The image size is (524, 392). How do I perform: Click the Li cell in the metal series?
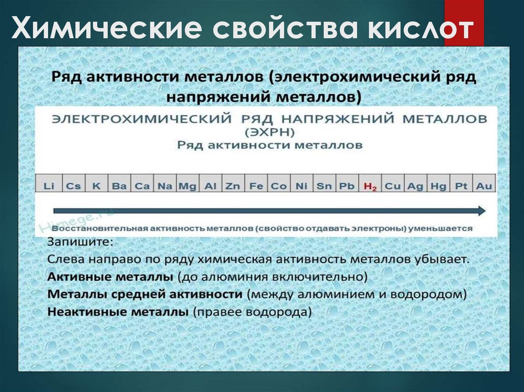tap(49, 186)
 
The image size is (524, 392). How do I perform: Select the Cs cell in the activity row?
tap(73, 186)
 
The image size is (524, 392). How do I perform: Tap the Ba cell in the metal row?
tap(119, 186)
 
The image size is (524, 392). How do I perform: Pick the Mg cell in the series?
tap(187, 186)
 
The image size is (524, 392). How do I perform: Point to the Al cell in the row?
tap(210, 186)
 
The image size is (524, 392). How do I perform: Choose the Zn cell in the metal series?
tap(233, 186)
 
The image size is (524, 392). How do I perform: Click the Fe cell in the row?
tap(256, 186)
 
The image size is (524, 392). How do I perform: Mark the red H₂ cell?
tap(370, 186)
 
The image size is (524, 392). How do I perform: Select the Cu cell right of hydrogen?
tap(392, 186)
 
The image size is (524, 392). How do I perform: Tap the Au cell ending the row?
tap(484, 186)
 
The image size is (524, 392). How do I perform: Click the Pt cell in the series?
tap(461, 186)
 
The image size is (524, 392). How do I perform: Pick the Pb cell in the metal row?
tap(347, 186)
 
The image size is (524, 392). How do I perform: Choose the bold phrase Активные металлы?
tap(110, 276)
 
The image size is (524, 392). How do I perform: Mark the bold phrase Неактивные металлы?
tap(117, 311)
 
